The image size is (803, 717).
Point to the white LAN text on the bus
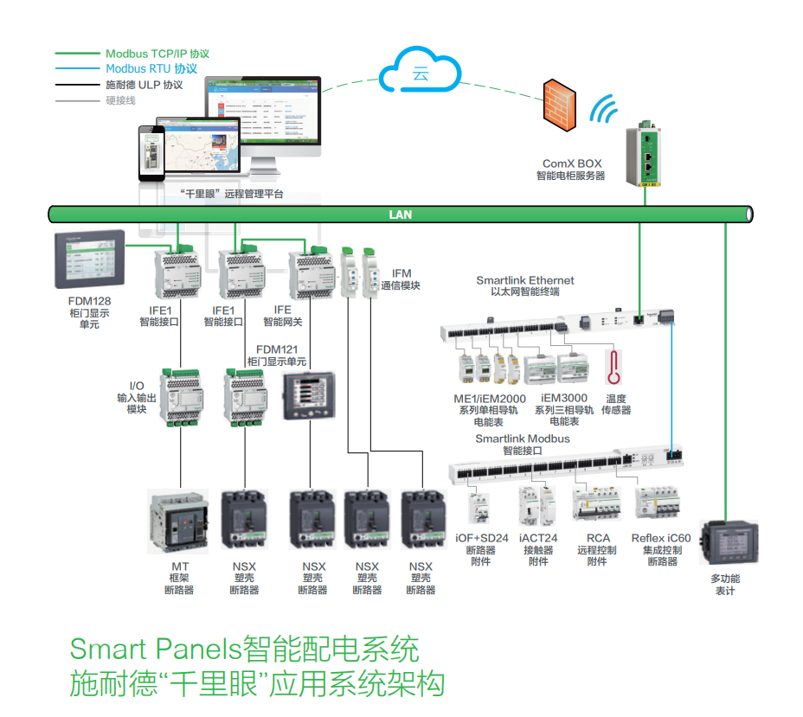pos(400,214)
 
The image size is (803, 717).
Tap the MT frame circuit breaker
pos(178,522)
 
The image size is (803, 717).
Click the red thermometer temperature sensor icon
pos(615,367)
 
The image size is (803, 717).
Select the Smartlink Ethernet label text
pos(524,280)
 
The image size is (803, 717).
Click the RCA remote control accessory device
pos(597,503)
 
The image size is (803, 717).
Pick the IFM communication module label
pos(401,279)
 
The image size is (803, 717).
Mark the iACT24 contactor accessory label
pos(538,538)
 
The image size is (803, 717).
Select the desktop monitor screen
pos(262,111)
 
